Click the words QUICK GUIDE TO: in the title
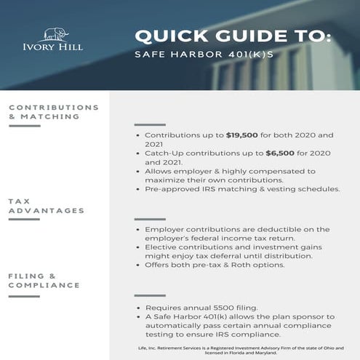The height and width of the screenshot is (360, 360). click(233, 36)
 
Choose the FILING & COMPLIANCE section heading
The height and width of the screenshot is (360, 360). click(44, 281)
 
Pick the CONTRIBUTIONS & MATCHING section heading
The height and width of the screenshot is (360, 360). click(53, 112)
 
